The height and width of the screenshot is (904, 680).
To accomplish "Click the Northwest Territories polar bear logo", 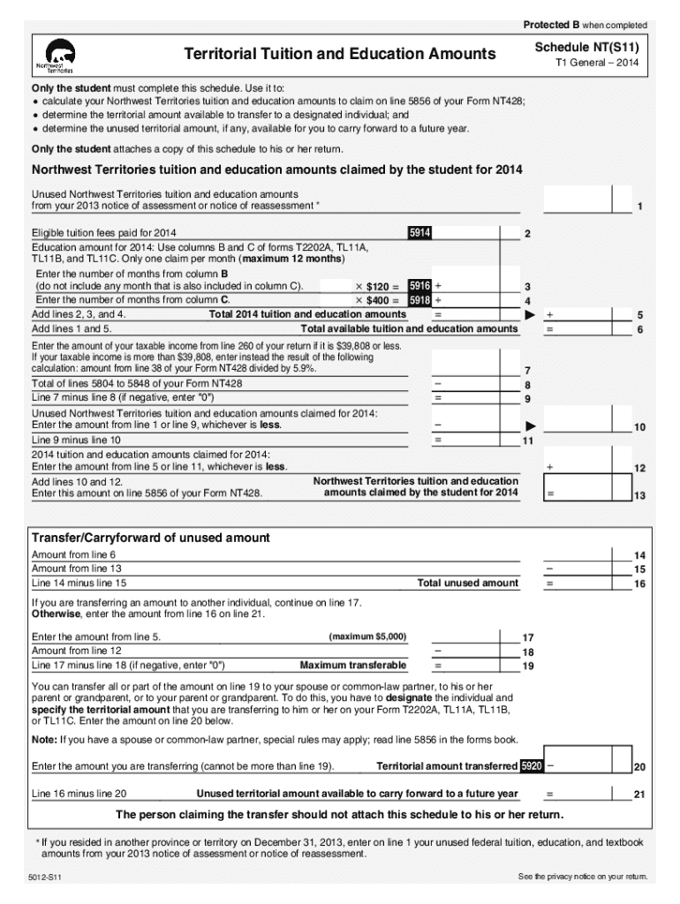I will click(x=54, y=56).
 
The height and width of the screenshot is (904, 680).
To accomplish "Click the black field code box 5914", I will click(x=419, y=233).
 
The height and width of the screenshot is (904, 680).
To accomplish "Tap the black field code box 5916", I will click(x=419, y=286).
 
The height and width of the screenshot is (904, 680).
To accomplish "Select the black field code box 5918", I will click(x=419, y=300).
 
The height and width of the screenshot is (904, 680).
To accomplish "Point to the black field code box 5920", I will click(x=532, y=765).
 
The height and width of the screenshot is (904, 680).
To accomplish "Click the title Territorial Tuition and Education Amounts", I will click(x=339, y=55).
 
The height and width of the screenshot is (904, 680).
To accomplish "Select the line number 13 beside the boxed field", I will click(x=638, y=495).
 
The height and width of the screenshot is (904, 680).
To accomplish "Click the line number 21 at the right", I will click(x=638, y=795).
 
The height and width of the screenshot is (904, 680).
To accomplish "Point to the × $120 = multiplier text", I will click(x=377, y=287).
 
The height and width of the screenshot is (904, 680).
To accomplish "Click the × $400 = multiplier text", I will click(x=377, y=300).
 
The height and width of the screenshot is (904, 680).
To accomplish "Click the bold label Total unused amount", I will click(x=468, y=584).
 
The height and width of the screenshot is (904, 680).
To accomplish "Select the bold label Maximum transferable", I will click(x=353, y=665).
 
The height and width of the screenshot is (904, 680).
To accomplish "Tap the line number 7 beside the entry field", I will click(x=527, y=371).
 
